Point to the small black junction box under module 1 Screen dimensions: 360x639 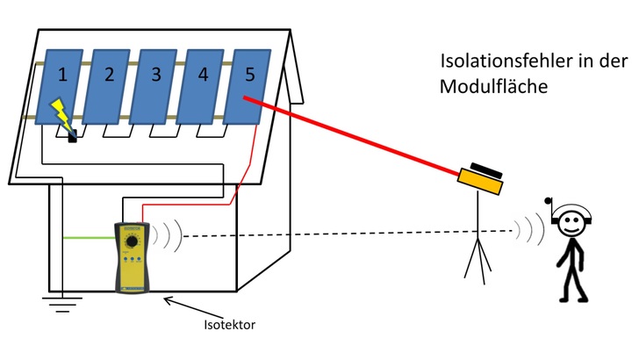(73, 136)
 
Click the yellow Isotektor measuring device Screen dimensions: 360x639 (133, 256)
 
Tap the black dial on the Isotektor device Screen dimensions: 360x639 (133, 241)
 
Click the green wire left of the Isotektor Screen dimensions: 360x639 (88, 238)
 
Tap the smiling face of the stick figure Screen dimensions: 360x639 (572, 224)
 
